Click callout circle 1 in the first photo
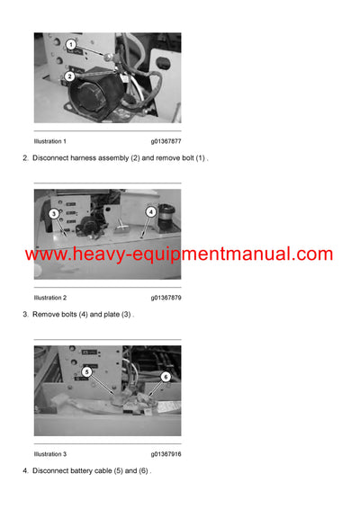pyautogui.click(x=70, y=45)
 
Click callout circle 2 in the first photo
pyautogui.click(x=70, y=76)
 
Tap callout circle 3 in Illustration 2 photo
pyautogui.click(x=54, y=214)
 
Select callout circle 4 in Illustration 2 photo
pyautogui.click(x=151, y=212)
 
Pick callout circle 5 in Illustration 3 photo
pyautogui.click(x=87, y=371)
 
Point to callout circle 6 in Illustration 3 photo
pyautogui.click(x=165, y=377)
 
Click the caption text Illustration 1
pyautogui.click(x=50, y=141)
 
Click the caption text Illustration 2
pyautogui.click(x=50, y=297)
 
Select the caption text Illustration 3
pyautogui.click(x=50, y=453)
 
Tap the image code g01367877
pyautogui.click(x=166, y=141)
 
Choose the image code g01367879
pyautogui.click(x=166, y=297)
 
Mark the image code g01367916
pyautogui.click(x=166, y=453)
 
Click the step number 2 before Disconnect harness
pyautogui.click(x=24, y=158)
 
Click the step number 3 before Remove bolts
pyautogui.click(x=24, y=314)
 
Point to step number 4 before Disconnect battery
pyautogui.click(x=24, y=470)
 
